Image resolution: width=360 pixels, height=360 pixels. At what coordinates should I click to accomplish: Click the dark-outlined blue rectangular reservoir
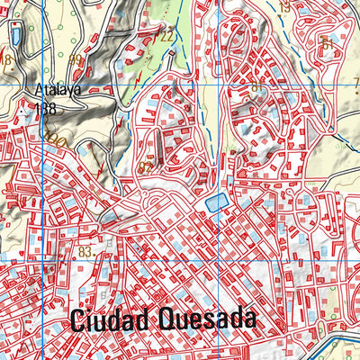(213, 204)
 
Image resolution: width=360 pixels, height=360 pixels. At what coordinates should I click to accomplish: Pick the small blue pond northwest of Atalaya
(16, 36)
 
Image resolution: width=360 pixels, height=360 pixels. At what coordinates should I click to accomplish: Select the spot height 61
(327, 43)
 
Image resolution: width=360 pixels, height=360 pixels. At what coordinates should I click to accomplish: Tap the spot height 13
(284, 7)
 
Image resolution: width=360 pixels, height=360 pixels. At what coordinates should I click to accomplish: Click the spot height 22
(167, 36)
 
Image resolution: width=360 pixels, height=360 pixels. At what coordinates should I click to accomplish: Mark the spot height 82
(146, 166)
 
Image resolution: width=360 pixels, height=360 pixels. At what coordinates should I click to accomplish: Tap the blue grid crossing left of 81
(221, 84)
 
